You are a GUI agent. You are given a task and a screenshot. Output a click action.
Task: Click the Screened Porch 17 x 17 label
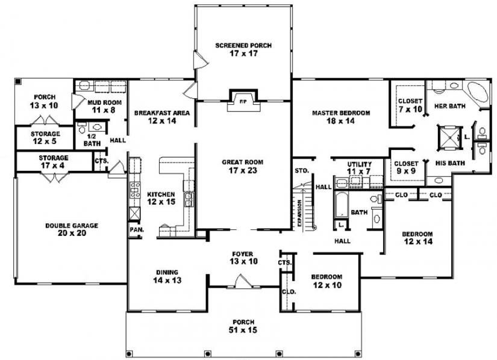243,49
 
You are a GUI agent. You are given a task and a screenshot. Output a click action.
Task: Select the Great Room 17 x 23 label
243,166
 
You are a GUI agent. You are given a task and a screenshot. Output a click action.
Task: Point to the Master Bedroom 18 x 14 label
340,117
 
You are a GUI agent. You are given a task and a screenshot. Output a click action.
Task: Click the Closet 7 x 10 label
410,105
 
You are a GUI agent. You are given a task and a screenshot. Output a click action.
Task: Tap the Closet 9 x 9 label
405,168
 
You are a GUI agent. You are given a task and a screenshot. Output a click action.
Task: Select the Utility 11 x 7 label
359,168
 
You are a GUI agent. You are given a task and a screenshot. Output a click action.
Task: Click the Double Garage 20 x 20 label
72,230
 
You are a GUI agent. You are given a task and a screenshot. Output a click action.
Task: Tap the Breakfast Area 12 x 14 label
162,117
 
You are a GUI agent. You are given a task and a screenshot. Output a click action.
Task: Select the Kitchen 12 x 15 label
161,198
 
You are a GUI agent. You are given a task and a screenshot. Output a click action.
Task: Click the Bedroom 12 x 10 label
327,281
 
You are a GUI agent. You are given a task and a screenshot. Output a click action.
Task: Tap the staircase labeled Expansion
305,209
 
